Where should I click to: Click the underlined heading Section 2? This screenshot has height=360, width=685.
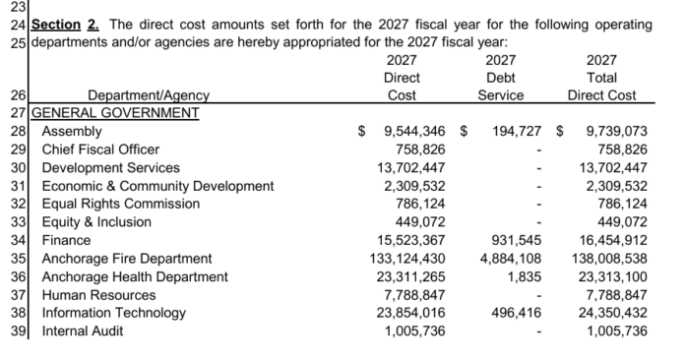pyautogui.click(x=65, y=25)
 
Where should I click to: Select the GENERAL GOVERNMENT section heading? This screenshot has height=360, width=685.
pyautogui.click(x=115, y=113)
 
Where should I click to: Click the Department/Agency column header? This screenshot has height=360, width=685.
pyautogui.click(x=149, y=95)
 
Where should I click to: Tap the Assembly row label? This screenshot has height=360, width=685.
pyautogui.click(x=72, y=132)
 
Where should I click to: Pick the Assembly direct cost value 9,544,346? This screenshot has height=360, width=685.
pyautogui.click(x=414, y=132)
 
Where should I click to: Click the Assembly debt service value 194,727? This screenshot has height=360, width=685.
pyautogui.click(x=517, y=132)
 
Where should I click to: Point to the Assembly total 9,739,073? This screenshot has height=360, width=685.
pyautogui.click(x=616, y=132)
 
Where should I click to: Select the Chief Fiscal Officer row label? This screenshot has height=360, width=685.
pyautogui.click(x=100, y=150)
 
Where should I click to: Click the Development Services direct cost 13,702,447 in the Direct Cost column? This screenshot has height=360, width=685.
pyautogui.click(x=411, y=168)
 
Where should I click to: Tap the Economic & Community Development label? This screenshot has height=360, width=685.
pyautogui.click(x=157, y=186)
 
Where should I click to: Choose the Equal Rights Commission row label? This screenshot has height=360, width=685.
pyautogui.click(x=121, y=204)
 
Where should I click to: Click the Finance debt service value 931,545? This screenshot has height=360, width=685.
pyautogui.click(x=517, y=240)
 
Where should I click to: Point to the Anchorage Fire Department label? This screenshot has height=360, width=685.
pyautogui.click(x=127, y=259)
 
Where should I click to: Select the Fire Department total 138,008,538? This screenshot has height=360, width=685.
pyautogui.click(x=609, y=259)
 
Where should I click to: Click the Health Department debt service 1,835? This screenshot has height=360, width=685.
pyautogui.click(x=525, y=277)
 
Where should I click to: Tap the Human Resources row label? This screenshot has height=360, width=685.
pyautogui.click(x=98, y=295)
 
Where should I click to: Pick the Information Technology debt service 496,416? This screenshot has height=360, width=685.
pyautogui.click(x=517, y=313)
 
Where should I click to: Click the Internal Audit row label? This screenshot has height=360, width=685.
pyautogui.click(x=82, y=331)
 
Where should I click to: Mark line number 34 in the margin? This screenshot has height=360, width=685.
pyautogui.click(x=19, y=240)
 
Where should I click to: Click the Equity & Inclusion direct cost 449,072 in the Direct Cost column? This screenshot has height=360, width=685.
pyautogui.click(x=420, y=222)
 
